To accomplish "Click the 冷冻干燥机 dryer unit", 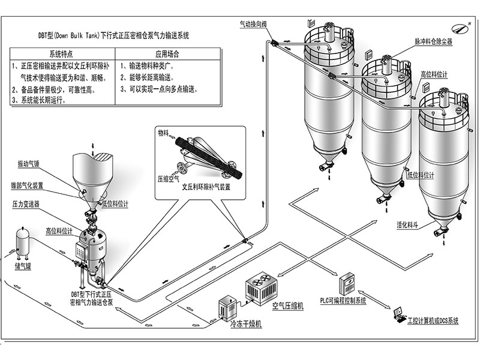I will (x=229, y=308).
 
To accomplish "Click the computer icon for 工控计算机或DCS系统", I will (x=398, y=313).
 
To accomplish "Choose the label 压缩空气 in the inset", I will (x=168, y=178).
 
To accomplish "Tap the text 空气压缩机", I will (x=288, y=306).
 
